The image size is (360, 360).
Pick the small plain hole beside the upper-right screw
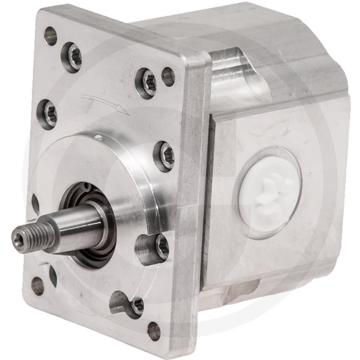coord(167,76)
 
